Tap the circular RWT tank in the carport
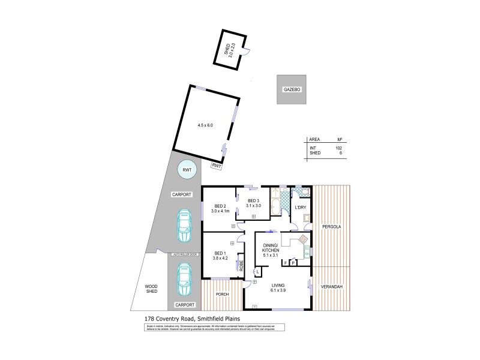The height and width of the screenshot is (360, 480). (187, 171)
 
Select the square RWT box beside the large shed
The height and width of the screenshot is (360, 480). (215, 165)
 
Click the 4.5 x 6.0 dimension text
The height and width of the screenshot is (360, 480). (205, 125)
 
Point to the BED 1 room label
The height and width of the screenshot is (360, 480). (220, 256)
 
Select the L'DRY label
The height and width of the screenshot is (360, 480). (301, 208)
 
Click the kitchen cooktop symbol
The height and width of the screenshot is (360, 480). (305, 239)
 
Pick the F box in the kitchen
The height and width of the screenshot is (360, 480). (285, 262)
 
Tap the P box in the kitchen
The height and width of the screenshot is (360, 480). (293, 262)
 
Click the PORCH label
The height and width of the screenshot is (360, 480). (223, 294)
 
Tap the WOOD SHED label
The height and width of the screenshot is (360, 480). (152, 289)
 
